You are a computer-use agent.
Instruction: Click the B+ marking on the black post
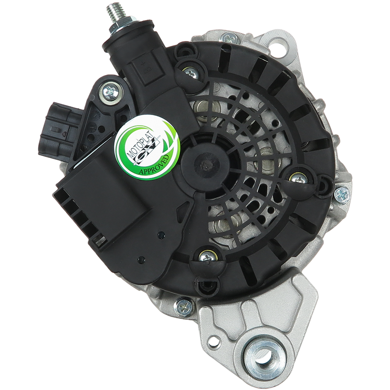tap(143, 67)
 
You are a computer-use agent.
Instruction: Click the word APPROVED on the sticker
tap(154, 165)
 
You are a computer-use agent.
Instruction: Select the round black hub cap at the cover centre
tap(205, 164)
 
